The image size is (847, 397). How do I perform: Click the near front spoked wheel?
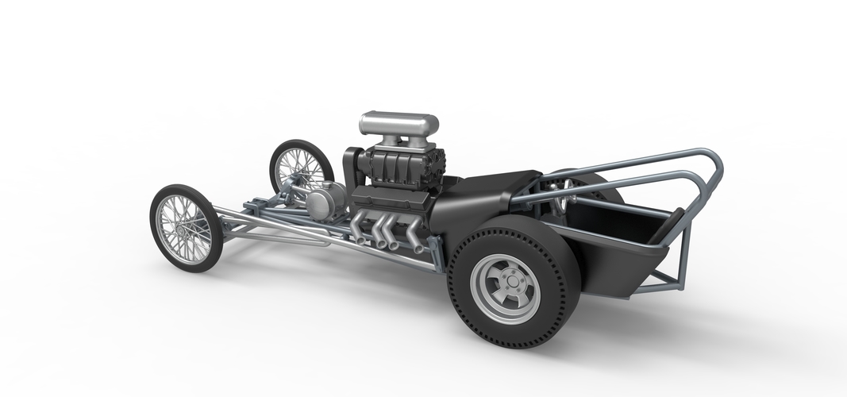coord(186,227)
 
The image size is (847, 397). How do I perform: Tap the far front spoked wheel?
coord(301,168)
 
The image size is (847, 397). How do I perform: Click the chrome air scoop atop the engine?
coord(398,124)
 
